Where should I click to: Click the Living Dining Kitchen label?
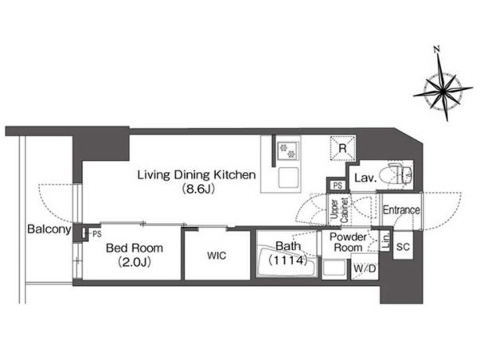click(x=197, y=175)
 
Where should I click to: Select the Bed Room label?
click(x=135, y=248)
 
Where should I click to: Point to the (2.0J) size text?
click(x=135, y=262)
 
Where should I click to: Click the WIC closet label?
click(x=217, y=256)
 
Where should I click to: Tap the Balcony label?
click(x=49, y=229)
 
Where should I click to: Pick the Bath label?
click(x=287, y=246)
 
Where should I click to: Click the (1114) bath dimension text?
click(x=287, y=260)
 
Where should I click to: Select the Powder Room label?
click(x=348, y=242)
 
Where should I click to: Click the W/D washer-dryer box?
click(x=365, y=269)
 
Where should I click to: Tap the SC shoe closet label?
click(x=403, y=247)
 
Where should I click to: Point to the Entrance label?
click(x=401, y=210)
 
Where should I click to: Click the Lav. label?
click(x=365, y=178)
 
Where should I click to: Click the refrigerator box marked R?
click(x=343, y=148)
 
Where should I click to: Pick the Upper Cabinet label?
click(x=339, y=211)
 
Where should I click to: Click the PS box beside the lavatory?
click(x=338, y=186)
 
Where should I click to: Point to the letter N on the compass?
click(x=437, y=49)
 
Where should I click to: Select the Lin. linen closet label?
click(x=386, y=241)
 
